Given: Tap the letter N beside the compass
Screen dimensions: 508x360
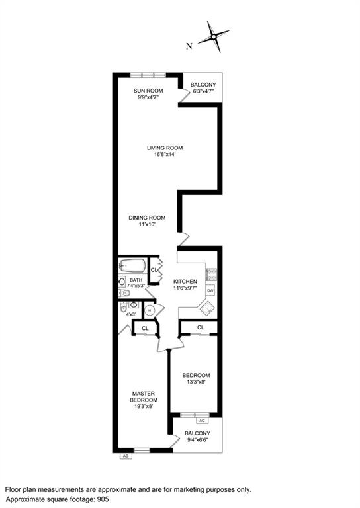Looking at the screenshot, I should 189,46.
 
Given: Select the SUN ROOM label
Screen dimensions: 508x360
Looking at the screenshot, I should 145,89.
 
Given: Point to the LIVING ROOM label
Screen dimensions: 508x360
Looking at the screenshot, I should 165,148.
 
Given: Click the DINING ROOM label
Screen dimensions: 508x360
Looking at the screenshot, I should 147,218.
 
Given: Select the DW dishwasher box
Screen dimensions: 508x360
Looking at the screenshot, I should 210,291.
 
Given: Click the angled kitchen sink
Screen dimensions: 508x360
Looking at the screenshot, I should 208,306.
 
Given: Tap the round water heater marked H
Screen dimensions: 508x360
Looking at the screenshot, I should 150,310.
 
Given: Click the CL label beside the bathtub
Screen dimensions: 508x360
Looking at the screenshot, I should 154,270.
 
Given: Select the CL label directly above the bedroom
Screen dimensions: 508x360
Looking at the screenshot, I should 201,327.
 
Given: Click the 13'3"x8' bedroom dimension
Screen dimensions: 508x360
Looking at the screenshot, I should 197,382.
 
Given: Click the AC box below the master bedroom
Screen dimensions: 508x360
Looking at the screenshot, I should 125,456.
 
